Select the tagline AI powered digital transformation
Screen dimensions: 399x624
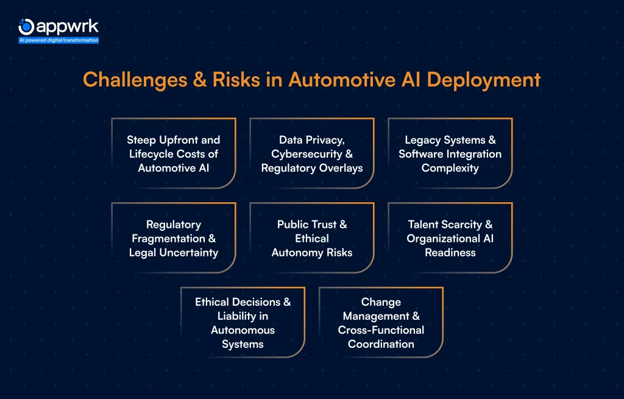(x=58, y=40)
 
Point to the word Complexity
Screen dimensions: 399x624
(x=450, y=168)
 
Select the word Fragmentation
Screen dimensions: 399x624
(x=165, y=238)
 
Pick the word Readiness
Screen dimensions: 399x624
(x=450, y=252)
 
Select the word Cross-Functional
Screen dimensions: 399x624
(x=381, y=330)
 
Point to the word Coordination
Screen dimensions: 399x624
(x=381, y=344)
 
